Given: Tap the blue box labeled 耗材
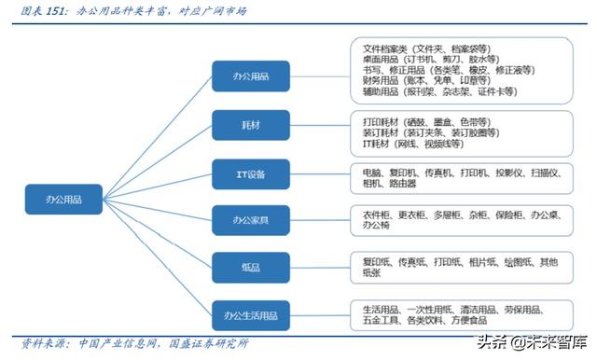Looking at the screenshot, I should coord(250,123).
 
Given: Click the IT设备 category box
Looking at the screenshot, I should coord(250,173).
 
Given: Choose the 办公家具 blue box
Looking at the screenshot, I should coord(250,221).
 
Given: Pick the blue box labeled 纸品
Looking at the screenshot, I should coord(250,267).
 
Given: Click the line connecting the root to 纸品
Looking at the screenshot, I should coord(159,233).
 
